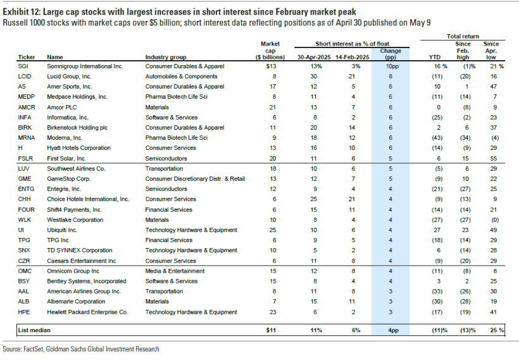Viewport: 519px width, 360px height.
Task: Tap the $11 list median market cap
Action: [270, 330]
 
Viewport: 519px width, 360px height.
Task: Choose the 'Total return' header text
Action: [463, 37]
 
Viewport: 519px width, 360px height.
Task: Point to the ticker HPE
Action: [25, 312]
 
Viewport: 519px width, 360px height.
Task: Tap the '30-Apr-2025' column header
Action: [315, 57]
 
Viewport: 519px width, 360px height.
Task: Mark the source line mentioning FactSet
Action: [81, 349]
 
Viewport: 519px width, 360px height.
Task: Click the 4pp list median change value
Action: [391, 330]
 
